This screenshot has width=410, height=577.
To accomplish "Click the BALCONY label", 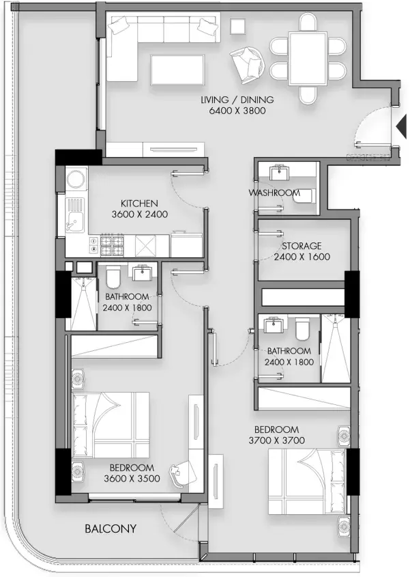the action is tap(111, 529).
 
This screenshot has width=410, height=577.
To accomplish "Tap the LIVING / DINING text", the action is tap(237, 100).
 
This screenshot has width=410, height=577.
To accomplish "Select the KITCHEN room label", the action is tap(139, 203).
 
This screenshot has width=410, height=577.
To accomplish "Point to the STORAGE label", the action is tap(302, 246).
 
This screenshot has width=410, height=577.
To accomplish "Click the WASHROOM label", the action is tap(274, 193).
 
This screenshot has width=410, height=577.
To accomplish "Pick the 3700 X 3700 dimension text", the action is tap(276, 440).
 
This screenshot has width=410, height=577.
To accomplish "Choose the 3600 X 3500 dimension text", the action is tap(132, 479).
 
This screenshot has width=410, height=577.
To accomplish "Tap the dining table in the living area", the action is tap(308, 59).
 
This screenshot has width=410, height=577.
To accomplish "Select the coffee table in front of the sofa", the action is tap(177, 70).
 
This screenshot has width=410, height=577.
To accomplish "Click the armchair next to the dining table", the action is tap(247, 64).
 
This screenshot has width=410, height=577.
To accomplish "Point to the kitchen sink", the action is tap(75, 215).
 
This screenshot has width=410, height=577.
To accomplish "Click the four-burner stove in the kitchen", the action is tap(112, 245).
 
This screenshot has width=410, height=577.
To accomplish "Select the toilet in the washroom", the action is tap(304, 196).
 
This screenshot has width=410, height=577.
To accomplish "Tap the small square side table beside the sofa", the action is tap(237, 26).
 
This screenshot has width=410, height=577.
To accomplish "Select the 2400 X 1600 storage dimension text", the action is tap(302, 257).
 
